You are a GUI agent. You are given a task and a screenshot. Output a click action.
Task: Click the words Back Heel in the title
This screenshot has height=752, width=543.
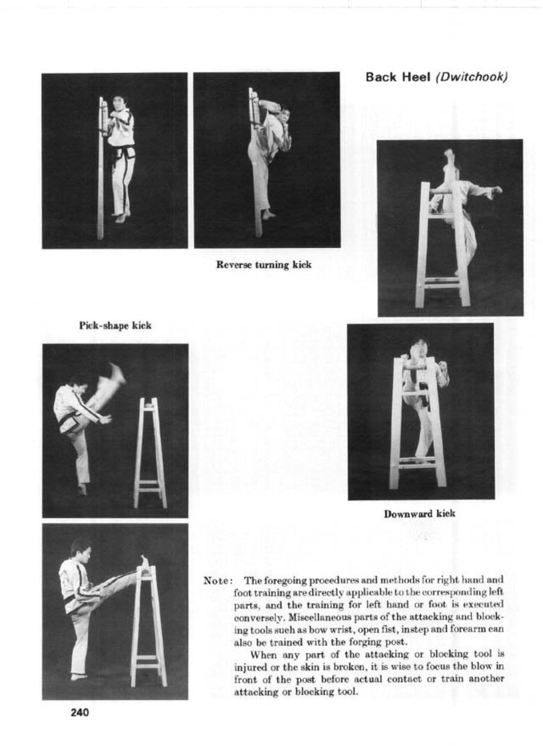tap(398, 78)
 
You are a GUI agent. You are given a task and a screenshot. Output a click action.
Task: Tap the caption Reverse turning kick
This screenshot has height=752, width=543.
tap(263, 265)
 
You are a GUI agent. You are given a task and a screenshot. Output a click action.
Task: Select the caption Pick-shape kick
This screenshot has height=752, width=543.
tap(115, 325)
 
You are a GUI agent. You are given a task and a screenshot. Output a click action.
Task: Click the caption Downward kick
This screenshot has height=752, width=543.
tap(419, 513)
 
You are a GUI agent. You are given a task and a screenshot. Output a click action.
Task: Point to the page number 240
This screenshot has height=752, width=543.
tap(80, 713)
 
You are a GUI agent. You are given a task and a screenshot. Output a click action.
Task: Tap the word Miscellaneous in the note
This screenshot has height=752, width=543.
tap(313, 618)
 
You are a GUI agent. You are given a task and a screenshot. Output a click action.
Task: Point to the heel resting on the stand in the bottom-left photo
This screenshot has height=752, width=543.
tap(145, 564)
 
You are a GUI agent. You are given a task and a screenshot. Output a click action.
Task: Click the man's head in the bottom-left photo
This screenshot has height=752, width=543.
tap(81, 549)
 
